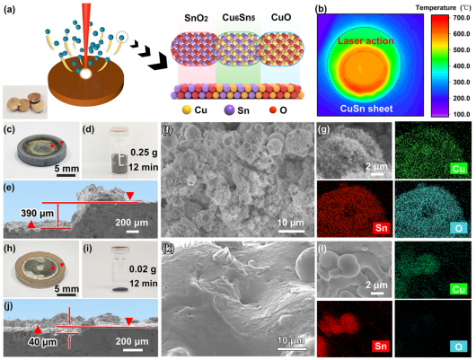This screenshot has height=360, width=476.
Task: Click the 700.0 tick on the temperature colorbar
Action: click(462, 18)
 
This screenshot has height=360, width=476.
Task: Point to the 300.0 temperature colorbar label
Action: click(462, 83)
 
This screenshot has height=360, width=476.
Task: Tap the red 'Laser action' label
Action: click(366, 41)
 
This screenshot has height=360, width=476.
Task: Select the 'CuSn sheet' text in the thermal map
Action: click(366, 109)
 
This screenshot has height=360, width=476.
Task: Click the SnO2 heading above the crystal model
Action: click(196, 18)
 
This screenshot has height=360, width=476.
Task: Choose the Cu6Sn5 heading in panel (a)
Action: click(239, 18)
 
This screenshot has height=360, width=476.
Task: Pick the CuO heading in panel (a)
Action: click(281, 17)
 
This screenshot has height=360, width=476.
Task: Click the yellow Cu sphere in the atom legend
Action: click(187, 110)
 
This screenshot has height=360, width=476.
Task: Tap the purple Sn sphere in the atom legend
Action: click(229, 110)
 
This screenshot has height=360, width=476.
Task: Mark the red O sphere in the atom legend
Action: click(272, 110)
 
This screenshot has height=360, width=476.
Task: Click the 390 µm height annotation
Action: click(37, 213)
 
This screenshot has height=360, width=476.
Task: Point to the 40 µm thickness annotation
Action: click(42, 342)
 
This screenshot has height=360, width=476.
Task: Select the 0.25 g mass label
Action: click(144, 152)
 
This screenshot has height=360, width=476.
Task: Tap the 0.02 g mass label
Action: click(143, 269)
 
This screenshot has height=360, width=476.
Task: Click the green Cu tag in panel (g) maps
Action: click(459, 168)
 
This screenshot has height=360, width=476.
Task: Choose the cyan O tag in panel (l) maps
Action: click(459, 347)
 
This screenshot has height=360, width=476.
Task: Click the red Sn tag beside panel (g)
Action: click(382, 227)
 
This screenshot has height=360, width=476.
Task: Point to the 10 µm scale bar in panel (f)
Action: click(291, 232)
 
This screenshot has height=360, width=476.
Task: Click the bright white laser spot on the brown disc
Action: click(85, 74)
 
